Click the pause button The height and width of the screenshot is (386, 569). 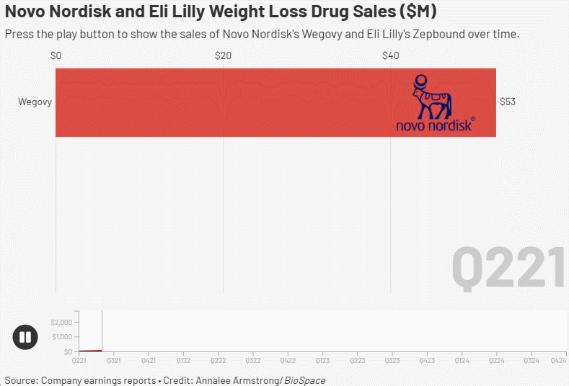[25, 337]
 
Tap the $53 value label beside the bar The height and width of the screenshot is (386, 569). [508, 102]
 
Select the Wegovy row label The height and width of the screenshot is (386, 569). [35, 102]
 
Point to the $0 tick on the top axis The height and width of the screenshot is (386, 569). [56, 55]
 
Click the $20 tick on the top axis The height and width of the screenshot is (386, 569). [224, 55]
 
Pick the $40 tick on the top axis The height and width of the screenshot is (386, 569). [391, 55]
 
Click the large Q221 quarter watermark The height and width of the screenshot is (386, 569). [508, 267]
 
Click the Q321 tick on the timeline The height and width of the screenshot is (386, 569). [114, 359]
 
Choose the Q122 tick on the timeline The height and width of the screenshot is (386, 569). [183, 359]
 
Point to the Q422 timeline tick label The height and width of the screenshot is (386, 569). [288, 359]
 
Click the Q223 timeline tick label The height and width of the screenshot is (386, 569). [358, 359]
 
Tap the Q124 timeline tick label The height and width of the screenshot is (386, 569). [462, 359]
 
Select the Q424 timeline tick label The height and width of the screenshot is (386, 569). [557, 359]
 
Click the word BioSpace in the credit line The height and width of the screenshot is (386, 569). [305, 380]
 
